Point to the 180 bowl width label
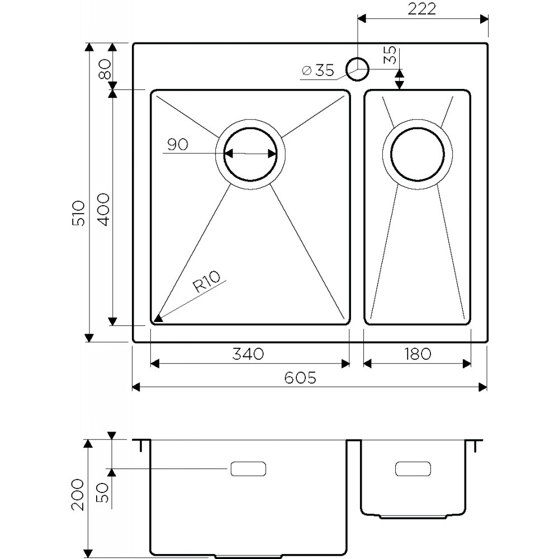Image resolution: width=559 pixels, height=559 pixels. tap(417, 354)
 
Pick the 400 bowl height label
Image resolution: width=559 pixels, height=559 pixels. tap(103, 209)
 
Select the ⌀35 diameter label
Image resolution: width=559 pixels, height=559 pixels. tap(318, 70)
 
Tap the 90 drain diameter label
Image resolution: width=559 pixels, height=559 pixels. tap(177, 145)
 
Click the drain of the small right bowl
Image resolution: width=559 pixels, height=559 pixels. tap(418, 154)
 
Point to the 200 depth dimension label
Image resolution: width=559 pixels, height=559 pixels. tap(78, 495)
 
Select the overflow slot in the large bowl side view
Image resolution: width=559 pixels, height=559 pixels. tap(248, 469)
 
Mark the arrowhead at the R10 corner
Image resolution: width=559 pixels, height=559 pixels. tap(158, 319)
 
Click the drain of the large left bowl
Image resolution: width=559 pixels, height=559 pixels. tap(250, 154)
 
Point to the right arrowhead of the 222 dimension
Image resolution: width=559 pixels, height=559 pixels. tap(485, 20)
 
